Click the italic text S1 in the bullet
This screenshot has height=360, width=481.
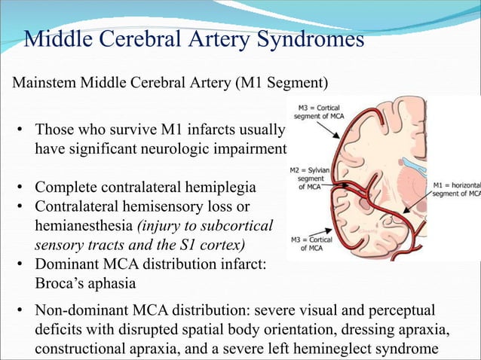189,245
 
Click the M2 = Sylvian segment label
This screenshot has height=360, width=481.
308,178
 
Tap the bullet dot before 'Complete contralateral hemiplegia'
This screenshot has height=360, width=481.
23,187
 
